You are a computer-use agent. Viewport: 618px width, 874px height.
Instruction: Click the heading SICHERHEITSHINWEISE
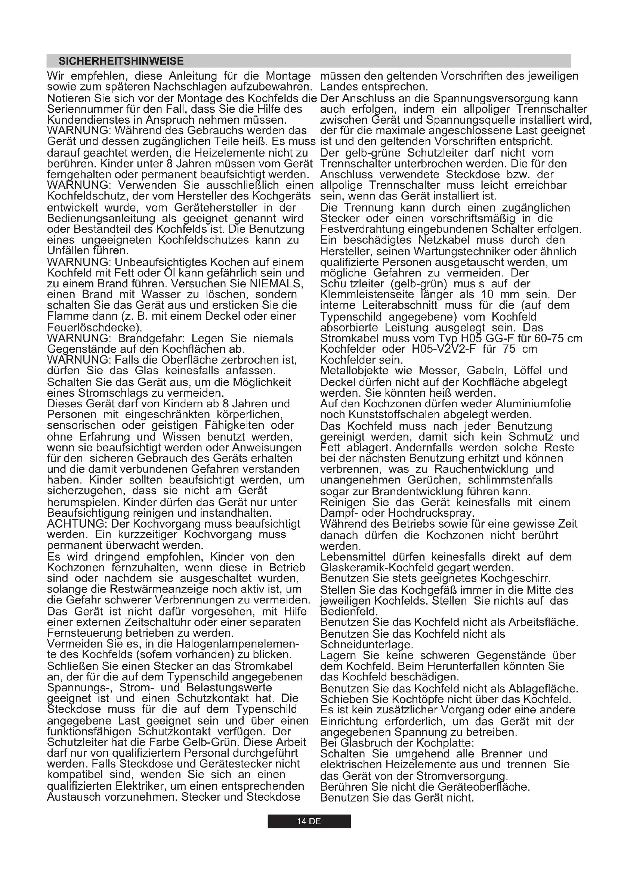121,61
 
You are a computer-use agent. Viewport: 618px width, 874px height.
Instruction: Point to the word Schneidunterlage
366,645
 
